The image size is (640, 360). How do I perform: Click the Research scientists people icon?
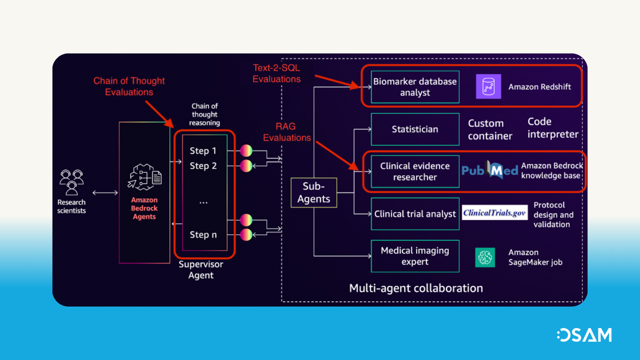[x=72, y=182]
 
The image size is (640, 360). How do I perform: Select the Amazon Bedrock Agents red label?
[x=144, y=209]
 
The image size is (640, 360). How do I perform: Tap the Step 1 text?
[x=203, y=151]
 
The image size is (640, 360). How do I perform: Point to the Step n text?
[x=203, y=235]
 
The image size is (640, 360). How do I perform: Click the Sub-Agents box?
[x=313, y=193]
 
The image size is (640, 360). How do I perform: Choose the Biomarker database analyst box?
[x=415, y=87]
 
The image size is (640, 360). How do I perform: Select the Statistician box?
[x=415, y=129]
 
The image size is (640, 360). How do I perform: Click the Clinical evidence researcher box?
[x=415, y=172]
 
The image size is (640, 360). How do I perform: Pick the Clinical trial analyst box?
[x=415, y=214]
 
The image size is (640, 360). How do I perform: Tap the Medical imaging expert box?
[x=415, y=256]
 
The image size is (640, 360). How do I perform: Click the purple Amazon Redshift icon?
[x=488, y=87]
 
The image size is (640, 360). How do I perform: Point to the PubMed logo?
[x=490, y=171]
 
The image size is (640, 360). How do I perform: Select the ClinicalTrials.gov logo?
[x=495, y=213]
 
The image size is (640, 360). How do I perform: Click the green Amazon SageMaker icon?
[x=485, y=257]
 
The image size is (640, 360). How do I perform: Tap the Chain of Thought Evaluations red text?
[x=129, y=86]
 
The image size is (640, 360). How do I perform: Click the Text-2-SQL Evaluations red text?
[x=276, y=74]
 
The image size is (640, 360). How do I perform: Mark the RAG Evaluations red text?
[x=287, y=132]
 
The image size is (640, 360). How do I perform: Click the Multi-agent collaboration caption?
[x=416, y=288]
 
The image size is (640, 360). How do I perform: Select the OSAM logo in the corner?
[x=584, y=335]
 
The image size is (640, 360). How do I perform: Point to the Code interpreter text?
[x=553, y=128]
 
